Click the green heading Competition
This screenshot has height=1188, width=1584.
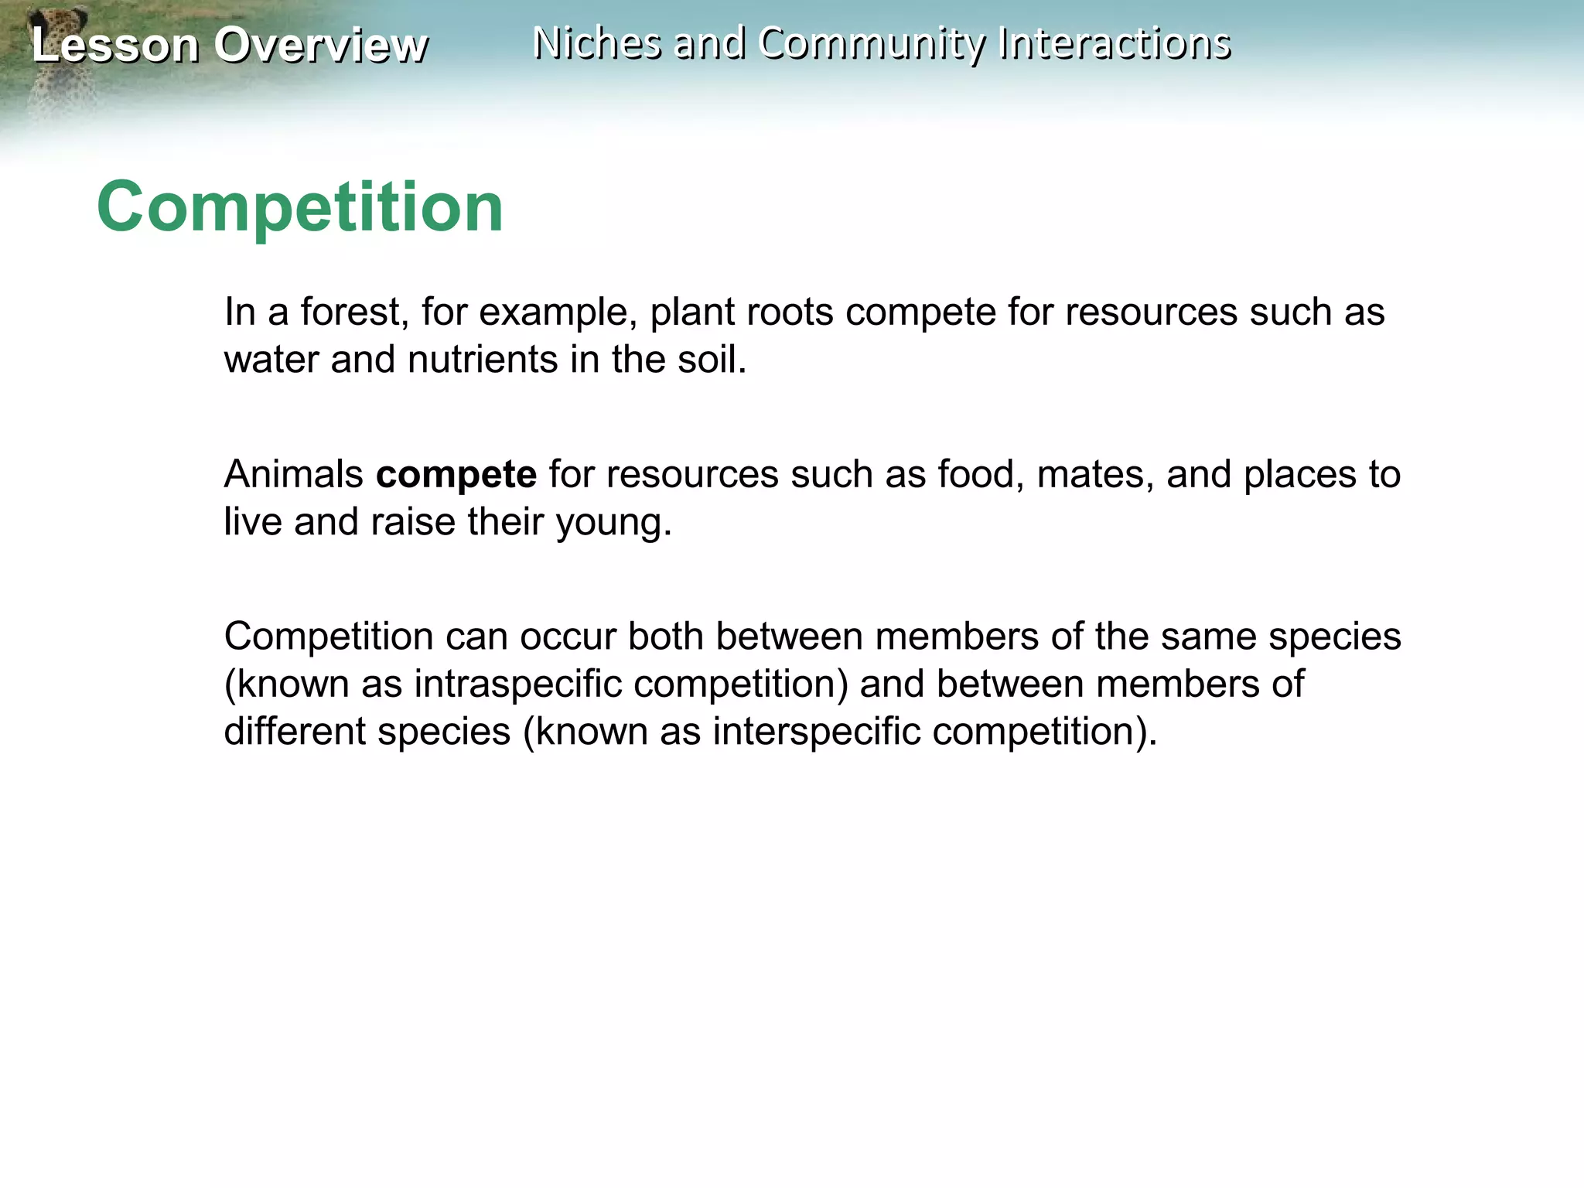point(300,207)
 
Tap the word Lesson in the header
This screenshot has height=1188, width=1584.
point(115,45)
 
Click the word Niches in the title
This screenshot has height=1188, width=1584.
point(596,43)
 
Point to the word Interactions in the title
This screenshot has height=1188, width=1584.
point(1114,43)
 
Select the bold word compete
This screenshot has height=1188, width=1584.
point(456,474)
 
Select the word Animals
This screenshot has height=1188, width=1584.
point(293,474)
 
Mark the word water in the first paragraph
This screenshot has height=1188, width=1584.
point(271,360)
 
